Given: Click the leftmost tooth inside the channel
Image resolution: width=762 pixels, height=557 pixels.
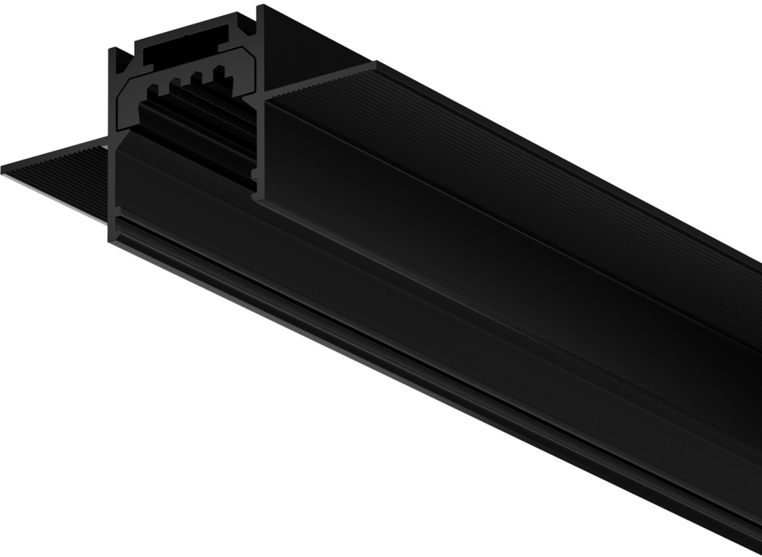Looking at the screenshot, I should pyautogui.click(x=152, y=90).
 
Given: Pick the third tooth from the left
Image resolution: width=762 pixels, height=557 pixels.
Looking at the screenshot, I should pyautogui.click(x=200, y=78).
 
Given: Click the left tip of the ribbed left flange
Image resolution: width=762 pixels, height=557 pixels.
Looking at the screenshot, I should pyautogui.click(x=5, y=170).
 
